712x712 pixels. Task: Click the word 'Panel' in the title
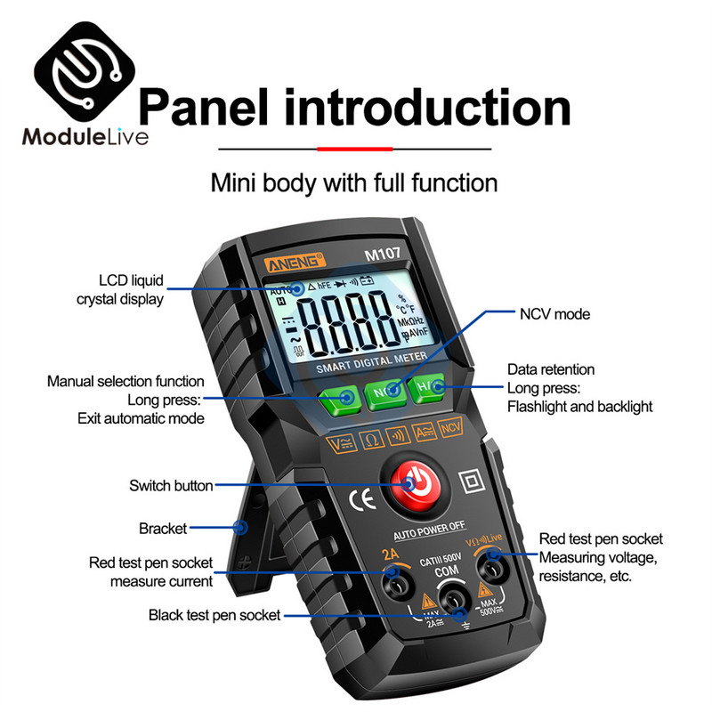[210, 106]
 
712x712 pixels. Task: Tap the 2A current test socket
[394, 580]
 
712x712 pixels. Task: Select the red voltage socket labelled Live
[491, 561]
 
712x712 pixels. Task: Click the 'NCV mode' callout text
[554, 314]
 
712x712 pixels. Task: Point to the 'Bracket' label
[163, 528]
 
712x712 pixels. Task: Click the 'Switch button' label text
[171, 486]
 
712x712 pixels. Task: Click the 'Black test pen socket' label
[214, 614]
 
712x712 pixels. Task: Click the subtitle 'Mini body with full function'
[353, 184]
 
